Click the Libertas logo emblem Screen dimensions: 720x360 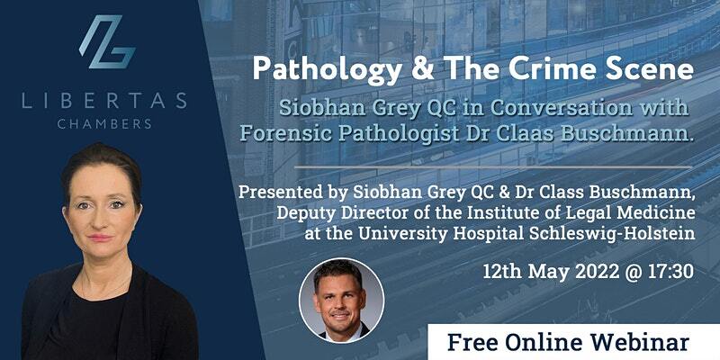click(x=107, y=41)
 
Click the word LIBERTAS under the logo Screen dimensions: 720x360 click(x=104, y=101)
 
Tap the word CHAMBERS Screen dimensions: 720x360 click(x=104, y=123)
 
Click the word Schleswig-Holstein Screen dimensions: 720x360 click(x=612, y=233)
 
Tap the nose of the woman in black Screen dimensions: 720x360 click(x=102, y=219)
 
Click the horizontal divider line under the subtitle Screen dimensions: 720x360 click(x=492, y=166)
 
